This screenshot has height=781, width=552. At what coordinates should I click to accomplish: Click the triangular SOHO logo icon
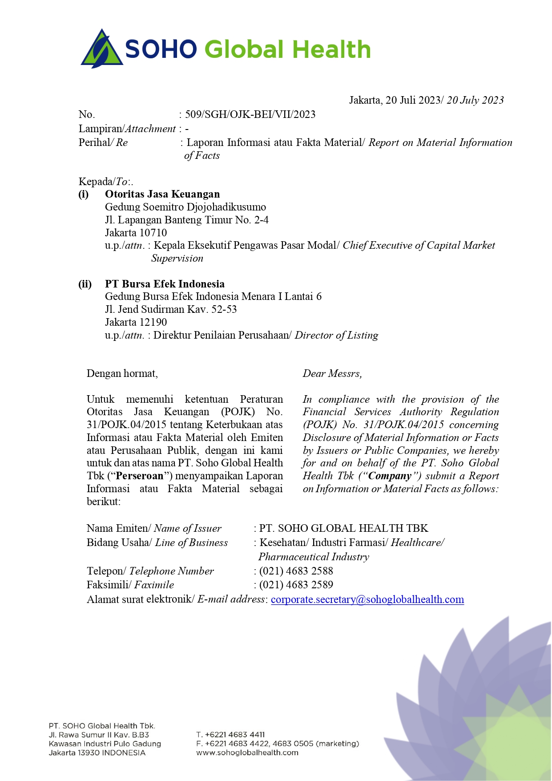(x=102, y=49)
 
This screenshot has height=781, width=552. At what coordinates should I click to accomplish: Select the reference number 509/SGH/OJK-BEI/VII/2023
(x=250, y=114)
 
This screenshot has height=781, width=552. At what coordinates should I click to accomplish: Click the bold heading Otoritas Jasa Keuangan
(x=162, y=194)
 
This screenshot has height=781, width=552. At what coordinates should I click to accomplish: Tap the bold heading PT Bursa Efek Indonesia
(x=165, y=284)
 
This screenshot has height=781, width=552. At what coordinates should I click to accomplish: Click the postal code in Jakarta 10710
(x=153, y=233)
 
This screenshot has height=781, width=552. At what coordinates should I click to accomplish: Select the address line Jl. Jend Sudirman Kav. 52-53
(x=171, y=309)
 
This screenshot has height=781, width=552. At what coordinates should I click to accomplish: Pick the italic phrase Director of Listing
(x=336, y=335)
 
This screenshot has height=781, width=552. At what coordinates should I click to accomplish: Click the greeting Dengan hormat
(x=122, y=373)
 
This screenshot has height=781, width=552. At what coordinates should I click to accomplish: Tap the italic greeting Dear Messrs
(x=332, y=373)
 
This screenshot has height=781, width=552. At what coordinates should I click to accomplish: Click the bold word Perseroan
(x=140, y=476)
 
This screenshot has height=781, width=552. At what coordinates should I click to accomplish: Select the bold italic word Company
(x=390, y=476)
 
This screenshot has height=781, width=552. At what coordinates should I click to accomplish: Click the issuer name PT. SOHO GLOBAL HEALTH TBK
(x=343, y=528)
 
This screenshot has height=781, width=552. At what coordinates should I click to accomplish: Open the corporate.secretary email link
(x=367, y=599)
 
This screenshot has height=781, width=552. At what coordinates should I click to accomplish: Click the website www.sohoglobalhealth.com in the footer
(x=247, y=753)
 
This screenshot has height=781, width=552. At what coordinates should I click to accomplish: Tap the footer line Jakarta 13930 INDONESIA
(x=97, y=753)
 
